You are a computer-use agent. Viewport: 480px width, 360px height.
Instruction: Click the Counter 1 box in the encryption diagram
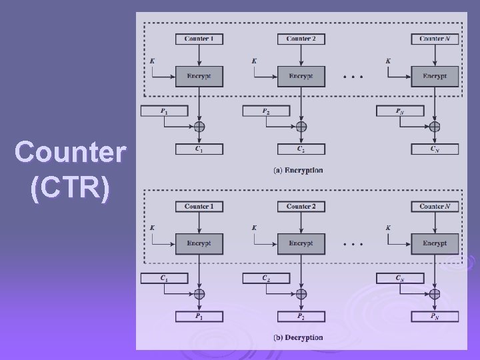tap(199, 39)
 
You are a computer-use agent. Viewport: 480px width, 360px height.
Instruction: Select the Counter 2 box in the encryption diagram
tap(301, 39)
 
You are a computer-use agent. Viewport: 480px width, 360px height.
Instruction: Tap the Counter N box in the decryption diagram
tap(435, 207)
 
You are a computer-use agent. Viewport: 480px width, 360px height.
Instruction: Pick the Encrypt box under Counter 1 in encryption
tap(199, 76)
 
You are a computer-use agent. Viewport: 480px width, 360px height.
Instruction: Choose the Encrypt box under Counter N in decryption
tap(435, 243)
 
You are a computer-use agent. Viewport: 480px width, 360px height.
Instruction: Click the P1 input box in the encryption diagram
tap(164, 111)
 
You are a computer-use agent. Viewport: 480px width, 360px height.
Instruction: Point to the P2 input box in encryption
tap(266, 111)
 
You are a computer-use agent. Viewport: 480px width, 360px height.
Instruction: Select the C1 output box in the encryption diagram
tap(199, 149)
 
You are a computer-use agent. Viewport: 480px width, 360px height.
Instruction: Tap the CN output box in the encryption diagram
tap(435, 149)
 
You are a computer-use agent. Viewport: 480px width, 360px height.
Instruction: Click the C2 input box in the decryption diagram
tap(266, 279)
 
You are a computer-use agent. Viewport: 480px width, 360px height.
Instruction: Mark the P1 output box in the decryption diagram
tap(199, 316)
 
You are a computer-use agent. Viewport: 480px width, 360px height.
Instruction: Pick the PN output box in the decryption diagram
tap(435, 316)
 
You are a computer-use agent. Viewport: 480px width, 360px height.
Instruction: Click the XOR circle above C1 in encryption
tap(199, 127)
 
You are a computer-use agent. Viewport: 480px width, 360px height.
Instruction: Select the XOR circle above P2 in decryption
tap(301, 294)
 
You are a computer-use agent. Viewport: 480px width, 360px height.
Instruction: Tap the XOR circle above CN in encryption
tap(435, 127)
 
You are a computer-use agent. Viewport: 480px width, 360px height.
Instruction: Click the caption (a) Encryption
tap(298, 171)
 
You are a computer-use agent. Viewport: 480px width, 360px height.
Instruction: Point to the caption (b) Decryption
tap(298, 337)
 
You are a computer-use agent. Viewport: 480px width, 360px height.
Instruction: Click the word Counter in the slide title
tap(69, 153)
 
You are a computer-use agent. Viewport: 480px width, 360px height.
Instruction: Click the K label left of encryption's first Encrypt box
tap(153, 61)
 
